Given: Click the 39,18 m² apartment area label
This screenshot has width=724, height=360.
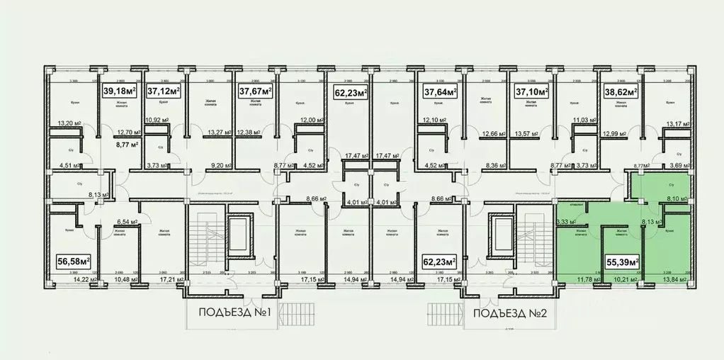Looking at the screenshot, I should tap(122, 91).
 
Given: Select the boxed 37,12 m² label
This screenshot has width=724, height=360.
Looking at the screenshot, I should tap(164, 91).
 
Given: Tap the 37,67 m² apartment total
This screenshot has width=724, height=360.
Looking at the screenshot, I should tap(255, 91).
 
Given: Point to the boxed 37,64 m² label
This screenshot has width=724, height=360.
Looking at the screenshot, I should tap(440, 91).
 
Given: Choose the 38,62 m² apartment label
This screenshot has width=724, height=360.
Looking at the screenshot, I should tap(620, 91).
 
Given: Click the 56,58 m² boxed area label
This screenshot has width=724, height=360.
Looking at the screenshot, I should tap(72, 261).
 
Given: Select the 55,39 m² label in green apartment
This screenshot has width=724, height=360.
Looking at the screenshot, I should tap(622, 261).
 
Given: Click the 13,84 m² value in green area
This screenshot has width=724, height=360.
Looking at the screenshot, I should tap(675, 280).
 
